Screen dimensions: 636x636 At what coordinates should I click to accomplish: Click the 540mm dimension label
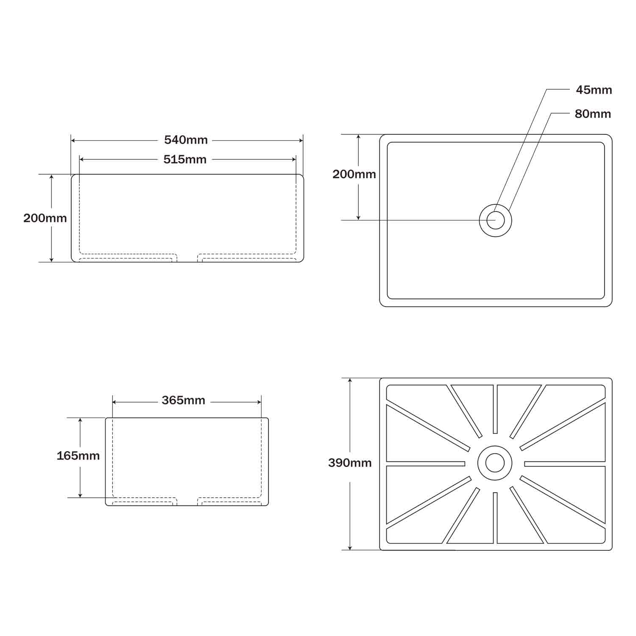[186, 140]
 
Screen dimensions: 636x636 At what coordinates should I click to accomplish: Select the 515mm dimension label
[185, 159]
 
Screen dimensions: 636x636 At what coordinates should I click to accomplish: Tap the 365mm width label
[183, 400]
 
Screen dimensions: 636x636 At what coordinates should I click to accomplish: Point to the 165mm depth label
[78, 456]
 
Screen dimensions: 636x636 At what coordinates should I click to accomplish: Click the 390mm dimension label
[350, 463]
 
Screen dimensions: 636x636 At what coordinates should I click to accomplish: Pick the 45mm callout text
[594, 90]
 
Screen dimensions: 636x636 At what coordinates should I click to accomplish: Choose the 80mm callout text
[593, 114]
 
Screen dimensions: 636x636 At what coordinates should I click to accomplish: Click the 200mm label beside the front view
[45, 218]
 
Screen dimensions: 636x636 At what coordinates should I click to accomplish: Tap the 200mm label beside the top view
[354, 174]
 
